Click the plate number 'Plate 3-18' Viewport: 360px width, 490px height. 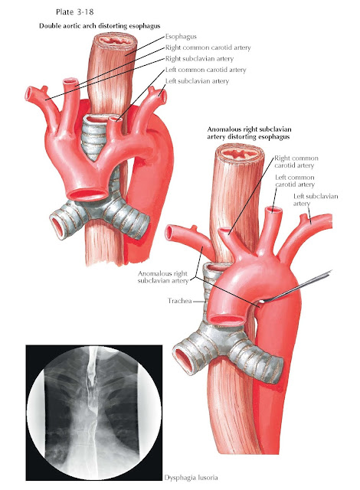point(75,12)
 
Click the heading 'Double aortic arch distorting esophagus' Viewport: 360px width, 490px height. point(100,26)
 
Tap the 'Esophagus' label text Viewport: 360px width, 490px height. point(181,37)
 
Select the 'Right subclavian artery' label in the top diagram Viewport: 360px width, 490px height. point(199,59)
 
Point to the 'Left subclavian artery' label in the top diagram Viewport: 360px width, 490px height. point(197,81)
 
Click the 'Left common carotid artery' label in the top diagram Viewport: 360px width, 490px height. point(205,70)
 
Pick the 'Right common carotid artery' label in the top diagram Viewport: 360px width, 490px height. point(208,47)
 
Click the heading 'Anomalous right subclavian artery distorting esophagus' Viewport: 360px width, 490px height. point(250,132)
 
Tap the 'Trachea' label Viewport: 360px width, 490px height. point(179,301)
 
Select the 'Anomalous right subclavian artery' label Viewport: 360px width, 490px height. point(163,277)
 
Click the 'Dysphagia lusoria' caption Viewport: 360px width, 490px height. point(191,478)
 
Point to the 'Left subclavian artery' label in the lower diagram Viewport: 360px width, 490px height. point(316,200)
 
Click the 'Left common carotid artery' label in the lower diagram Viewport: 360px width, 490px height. point(295,181)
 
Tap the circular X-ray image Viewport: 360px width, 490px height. point(94,413)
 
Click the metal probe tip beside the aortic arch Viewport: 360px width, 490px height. point(263,301)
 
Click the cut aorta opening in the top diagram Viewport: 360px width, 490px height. point(87,194)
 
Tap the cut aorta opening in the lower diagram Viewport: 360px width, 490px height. point(227,319)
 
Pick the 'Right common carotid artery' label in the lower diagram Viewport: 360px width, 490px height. point(296,162)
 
